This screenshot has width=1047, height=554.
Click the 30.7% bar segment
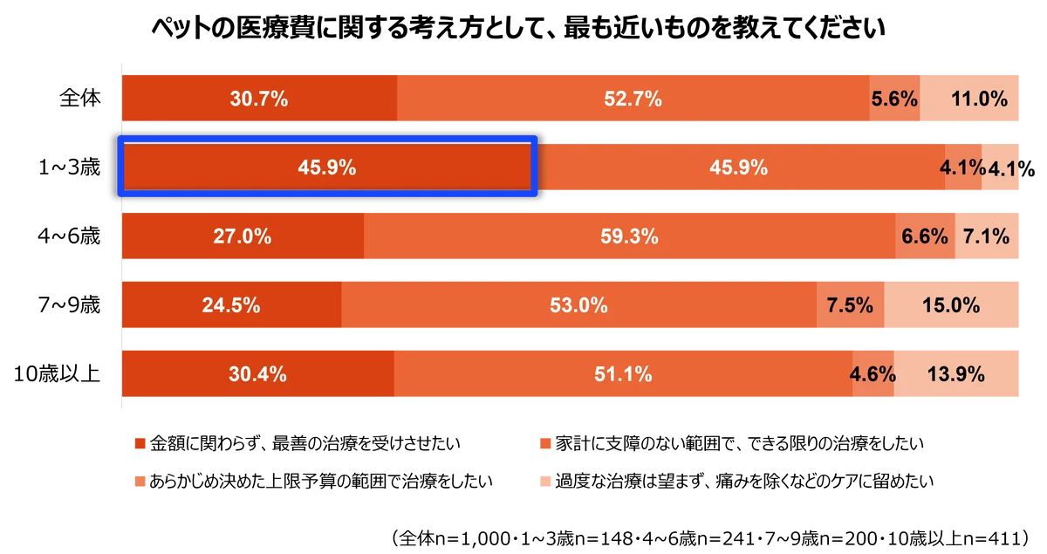[x=259, y=98]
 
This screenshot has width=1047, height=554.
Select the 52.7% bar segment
[x=633, y=98]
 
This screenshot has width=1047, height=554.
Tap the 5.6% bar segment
[x=894, y=98]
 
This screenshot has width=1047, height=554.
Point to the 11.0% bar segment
[x=970, y=98]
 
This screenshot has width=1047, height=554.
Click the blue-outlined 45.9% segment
[x=326, y=166]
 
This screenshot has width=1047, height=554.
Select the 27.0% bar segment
[x=243, y=236]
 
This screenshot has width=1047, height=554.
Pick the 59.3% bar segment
[x=629, y=236]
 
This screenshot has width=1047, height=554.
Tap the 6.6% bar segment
[x=925, y=236]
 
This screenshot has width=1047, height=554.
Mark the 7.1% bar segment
[x=987, y=236]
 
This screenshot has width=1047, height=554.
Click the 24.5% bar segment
[x=231, y=305]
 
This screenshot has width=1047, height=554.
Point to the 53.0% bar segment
[x=578, y=305]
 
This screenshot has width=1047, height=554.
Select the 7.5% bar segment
[x=850, y=305]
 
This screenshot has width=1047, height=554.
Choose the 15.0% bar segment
[x=951, y=305]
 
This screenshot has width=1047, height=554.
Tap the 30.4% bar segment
[x=257, y=374]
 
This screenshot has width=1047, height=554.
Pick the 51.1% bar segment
[x=622, y=374]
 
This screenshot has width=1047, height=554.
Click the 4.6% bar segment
[x=872, y=374]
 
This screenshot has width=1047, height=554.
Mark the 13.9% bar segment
[x=956, y=374]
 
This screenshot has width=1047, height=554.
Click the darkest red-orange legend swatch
[x=140, y=444]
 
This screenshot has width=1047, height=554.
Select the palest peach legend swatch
[x=544, y=480]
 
